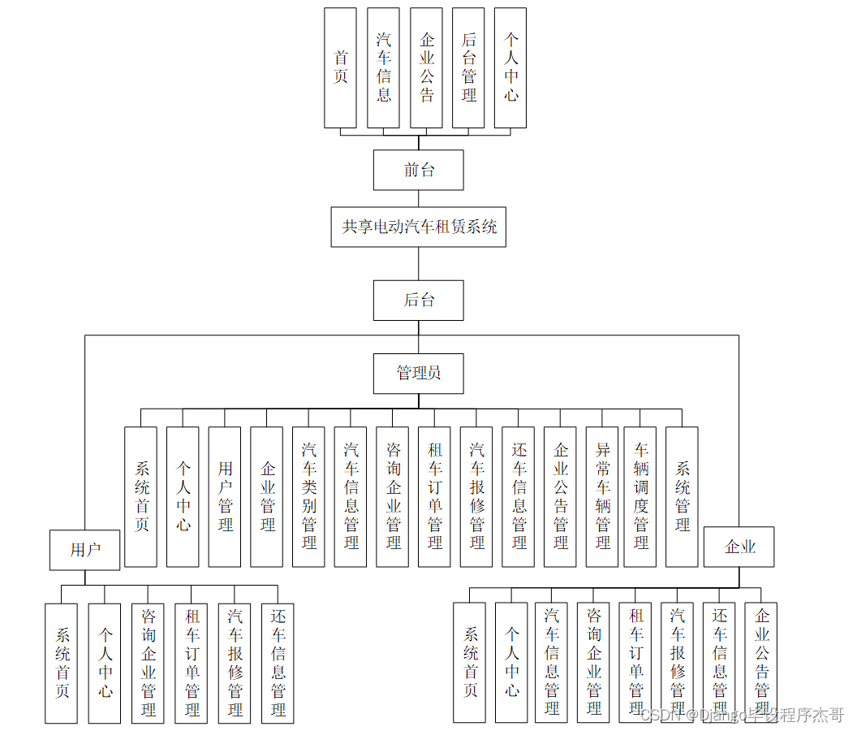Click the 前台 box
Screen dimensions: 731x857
pos(419,170)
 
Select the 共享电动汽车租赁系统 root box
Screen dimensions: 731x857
pos(419,227)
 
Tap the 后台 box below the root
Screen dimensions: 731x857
pos(419,300)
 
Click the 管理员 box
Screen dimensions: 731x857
pos(419,373)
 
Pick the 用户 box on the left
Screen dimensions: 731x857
pos(85,550)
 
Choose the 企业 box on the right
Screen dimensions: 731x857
pos(739,547)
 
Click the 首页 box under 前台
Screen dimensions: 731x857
pos(341,67)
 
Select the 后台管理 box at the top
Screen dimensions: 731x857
pos(468,67)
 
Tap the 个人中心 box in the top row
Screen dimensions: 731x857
pos(510,67)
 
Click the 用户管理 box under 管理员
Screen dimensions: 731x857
pos(225,496)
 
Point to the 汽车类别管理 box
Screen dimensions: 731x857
pos(309,496)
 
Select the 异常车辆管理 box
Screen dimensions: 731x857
pos(602,496)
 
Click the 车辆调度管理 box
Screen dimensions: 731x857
pos(640,496)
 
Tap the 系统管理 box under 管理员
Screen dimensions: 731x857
pos(682,496)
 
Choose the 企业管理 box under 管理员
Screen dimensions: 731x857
pos(267,496)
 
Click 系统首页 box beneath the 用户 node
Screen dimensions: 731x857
pos(62,663)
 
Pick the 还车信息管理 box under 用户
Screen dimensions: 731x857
pos(278,663)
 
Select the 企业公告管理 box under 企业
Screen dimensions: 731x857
pos(761,662)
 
